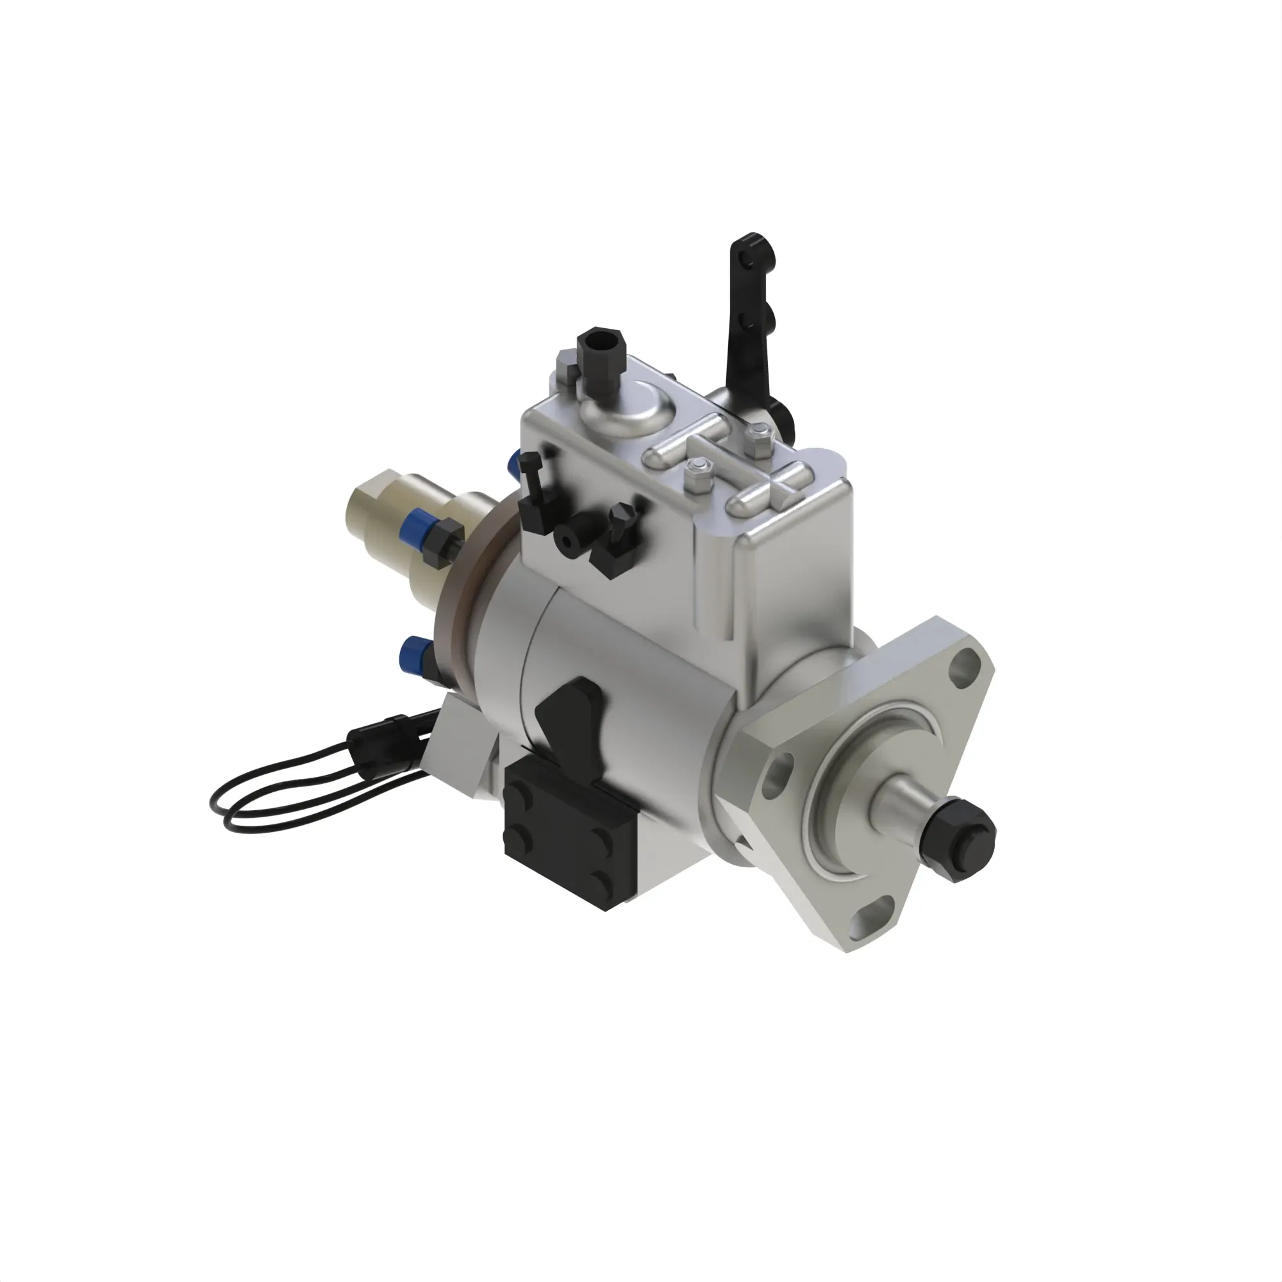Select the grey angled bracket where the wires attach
(458, 744)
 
